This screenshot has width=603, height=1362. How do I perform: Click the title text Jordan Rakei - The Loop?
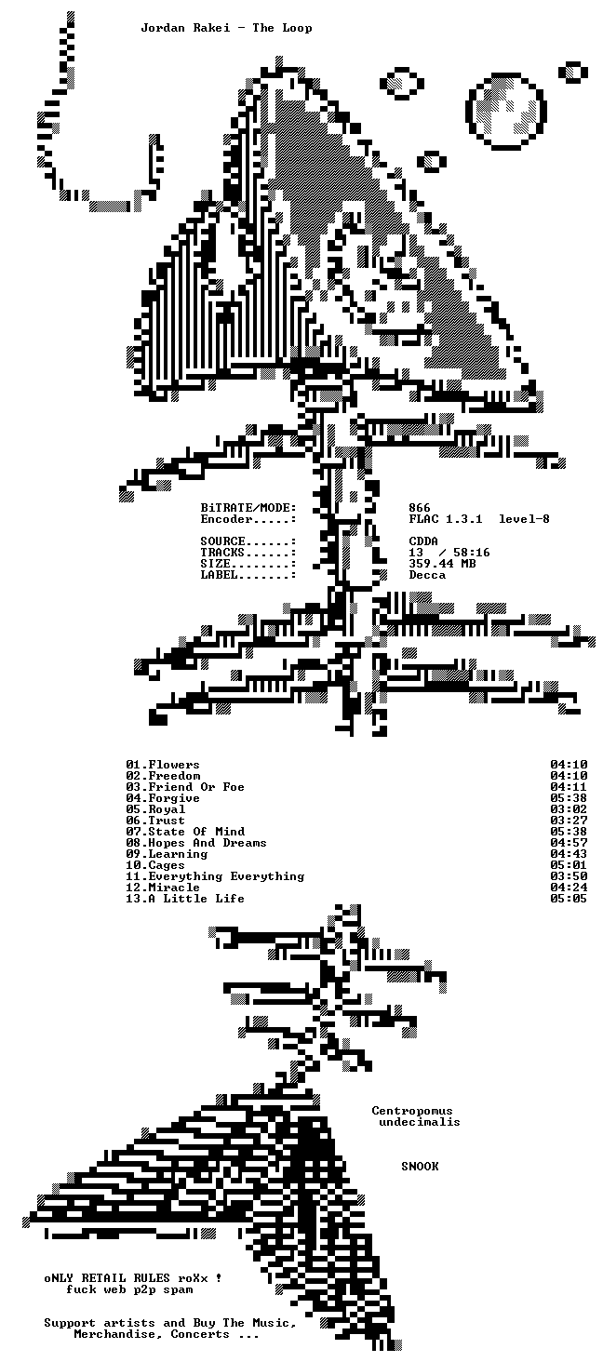tap(226, 28)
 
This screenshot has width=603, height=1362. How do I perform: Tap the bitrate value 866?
tap(420, 508)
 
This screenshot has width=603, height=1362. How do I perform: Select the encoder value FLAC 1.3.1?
tap(446, 518)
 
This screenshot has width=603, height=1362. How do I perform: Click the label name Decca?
tap(427, 575)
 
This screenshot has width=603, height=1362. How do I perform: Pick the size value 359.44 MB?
tap(442, 564)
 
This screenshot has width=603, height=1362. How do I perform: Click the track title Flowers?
tap(174, 765)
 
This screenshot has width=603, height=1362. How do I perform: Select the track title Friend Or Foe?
tap(196, 787)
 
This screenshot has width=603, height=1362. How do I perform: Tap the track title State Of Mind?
tap(196, 831)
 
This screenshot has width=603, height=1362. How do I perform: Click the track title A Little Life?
tap(196, 898)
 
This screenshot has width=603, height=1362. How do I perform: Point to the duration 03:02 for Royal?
tap(569, 809)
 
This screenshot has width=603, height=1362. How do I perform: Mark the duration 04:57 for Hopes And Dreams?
tap(569, 843)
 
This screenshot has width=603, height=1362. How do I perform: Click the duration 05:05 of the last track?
tap(569, 898)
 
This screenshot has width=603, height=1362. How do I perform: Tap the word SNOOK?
tap(420, 1167)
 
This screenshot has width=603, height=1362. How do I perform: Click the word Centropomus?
tap(412, 1111)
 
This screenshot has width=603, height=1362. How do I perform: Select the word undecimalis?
tap(420, 1122)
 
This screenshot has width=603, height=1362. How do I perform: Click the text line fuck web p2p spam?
tap(129, 1289)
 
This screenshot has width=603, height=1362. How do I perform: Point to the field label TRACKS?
tap(222, 552)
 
